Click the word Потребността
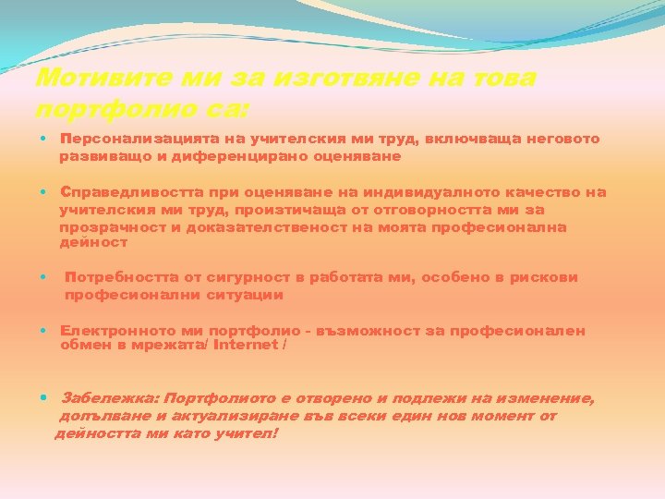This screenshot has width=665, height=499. (x=117, y=277)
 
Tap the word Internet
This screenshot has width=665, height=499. (x=246, y=345)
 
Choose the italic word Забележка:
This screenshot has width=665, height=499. (x=110, y=398)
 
